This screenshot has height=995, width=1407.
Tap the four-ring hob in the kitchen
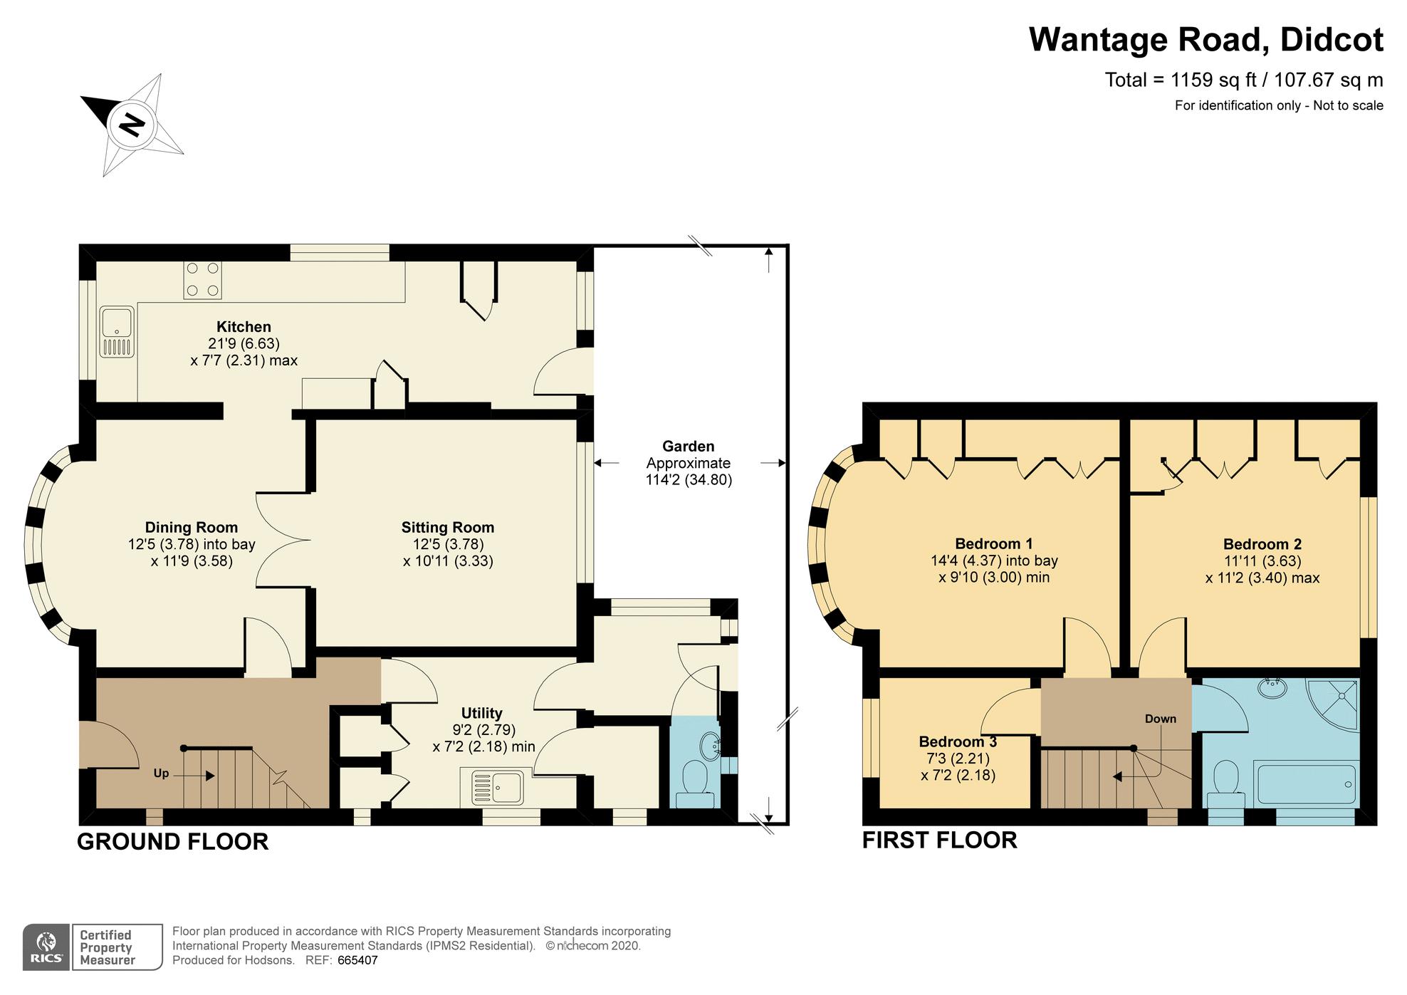pyautogui.click(x=202, y=279)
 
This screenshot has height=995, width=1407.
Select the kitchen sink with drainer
pyautogui.click(x=117, y=332)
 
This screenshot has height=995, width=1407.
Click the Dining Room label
pyautogui.click(x=191, y=528)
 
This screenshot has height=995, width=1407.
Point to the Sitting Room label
pyautogui.click(x=447, y=528)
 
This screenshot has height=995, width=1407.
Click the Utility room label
pyautogui.click(x=482, y=713)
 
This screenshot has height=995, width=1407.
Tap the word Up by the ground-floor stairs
pyautogui.click(x=161, y=773)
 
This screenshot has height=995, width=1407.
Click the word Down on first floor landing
pyautogui.click(x=1160, y=719)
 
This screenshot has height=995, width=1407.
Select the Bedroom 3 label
pyautogui.click(x=958, y=742)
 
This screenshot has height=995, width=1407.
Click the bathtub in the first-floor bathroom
pyautogui.click(x=1306, y=783)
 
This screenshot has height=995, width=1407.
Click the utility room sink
pyautogui.click(x=498, y=787)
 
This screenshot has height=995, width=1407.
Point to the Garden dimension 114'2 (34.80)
pyautogui.click(x=689, y=480)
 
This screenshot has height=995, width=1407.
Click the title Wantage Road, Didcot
pyautogui.click(x=1205, y=40)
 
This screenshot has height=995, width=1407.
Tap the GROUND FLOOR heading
pyautogui.click(x=172, y=841)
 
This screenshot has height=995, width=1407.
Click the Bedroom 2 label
pyautogui.click(x=1262, y=544)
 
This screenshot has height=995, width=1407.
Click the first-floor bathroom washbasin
pyautogui.click(x=1272, y=689)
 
